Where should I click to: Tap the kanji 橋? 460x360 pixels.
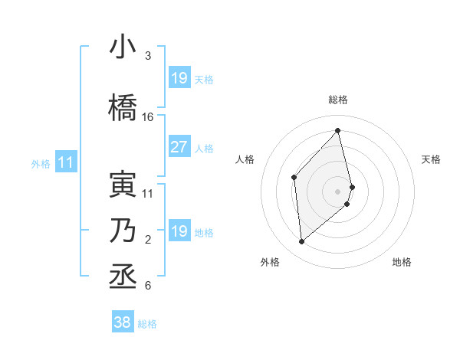point(123,107)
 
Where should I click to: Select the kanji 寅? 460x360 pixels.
point(123,184)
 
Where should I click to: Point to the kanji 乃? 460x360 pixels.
point(123,231)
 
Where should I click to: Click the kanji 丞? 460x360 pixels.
point(123,277)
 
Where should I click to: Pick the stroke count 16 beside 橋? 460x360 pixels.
point(148,117)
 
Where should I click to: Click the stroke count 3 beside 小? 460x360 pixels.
point(148,56)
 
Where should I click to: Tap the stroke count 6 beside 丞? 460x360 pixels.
point(148,286)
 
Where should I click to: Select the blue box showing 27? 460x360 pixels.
point(179,147)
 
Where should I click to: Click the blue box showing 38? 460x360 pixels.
point(123,323)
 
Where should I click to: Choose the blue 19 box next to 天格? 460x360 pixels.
point(179,78)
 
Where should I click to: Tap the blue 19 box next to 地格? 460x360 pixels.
point(179,231)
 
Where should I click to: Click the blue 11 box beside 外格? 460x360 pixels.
point(66,162)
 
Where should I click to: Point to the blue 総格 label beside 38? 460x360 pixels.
point(147,324)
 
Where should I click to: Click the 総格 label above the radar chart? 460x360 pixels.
point(337,100)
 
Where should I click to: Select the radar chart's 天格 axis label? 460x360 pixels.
point(432,159)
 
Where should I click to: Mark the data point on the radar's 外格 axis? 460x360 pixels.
point(302,242)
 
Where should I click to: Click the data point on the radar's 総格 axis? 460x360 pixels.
point(337,131)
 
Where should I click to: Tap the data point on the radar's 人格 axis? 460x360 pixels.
point(294,178)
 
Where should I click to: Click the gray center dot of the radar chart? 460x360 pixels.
point(337,190)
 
